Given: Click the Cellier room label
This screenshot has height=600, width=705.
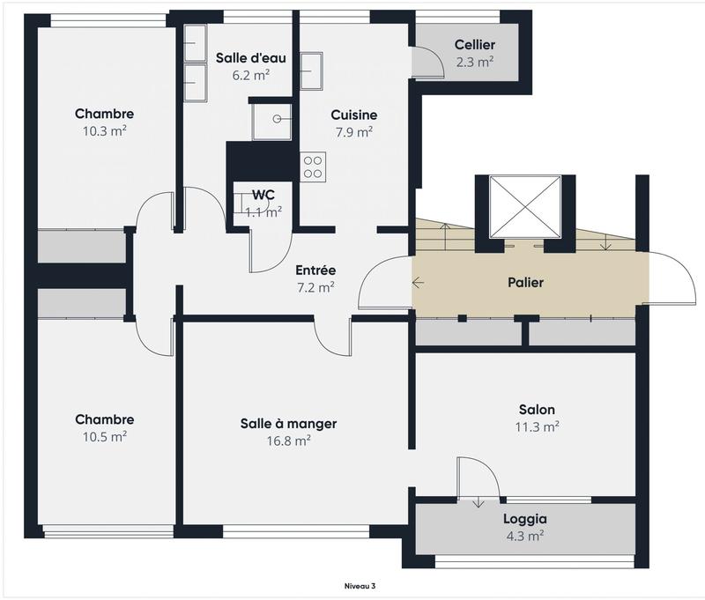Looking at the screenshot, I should coord(474,45).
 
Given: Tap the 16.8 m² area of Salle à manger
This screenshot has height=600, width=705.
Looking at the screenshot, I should coord(288,441).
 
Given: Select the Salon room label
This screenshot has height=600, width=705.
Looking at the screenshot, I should coord(536,410).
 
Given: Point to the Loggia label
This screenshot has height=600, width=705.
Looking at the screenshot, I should coord(525,519).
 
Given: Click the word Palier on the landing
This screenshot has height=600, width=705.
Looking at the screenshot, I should coord(525,283).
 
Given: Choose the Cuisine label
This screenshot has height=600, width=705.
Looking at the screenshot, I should coord(354,115).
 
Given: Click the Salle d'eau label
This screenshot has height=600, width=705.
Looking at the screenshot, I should coord(250,58).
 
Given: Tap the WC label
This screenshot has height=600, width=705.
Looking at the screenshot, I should coord(263,195).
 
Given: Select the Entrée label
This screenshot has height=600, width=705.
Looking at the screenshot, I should coord(315,270).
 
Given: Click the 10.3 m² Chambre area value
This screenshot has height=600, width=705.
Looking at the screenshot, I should coord(104,130).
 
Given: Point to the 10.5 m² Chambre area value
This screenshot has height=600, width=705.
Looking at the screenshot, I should coord(104,436).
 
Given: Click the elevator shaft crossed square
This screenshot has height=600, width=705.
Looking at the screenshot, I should coord(525,206).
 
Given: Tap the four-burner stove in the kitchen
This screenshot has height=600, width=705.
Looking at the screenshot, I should coord(314,167).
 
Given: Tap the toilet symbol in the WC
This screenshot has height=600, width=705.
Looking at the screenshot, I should coord(240,203).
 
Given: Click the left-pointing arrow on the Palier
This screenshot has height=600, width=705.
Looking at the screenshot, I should coord(418,283).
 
